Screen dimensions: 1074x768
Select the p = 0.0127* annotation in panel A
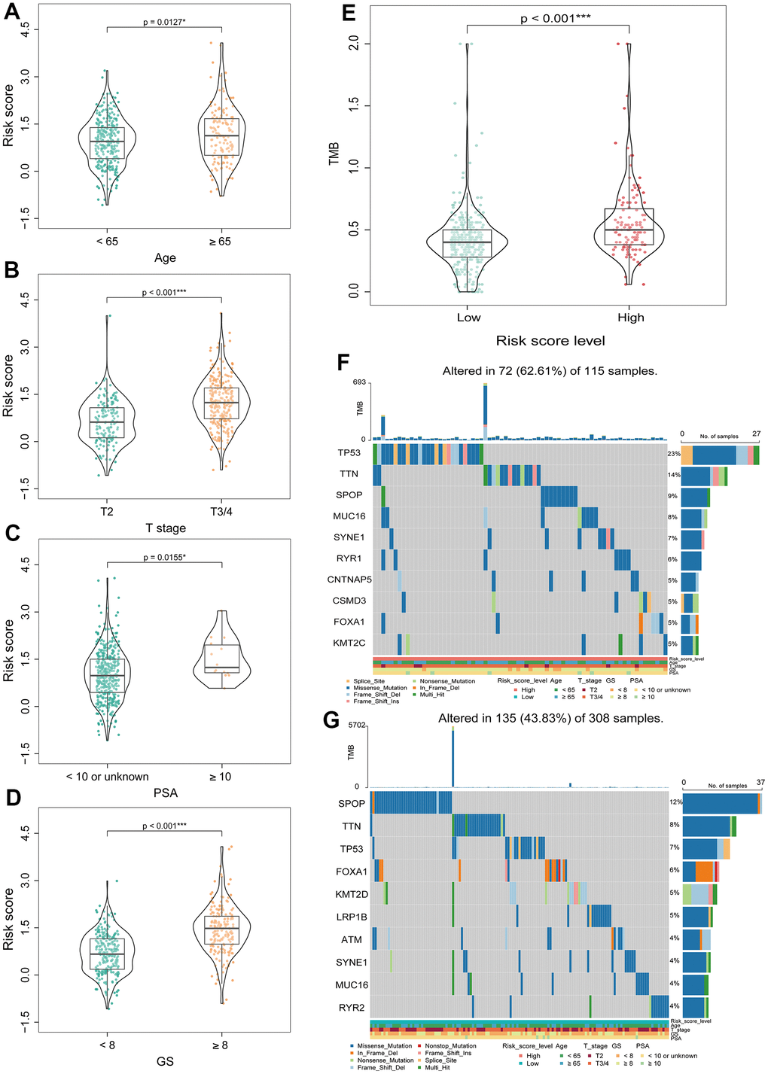click(164, 23)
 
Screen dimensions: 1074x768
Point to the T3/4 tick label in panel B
click(221, 512)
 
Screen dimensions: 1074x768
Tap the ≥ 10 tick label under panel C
click(220, 777)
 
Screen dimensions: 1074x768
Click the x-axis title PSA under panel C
click(165, 793)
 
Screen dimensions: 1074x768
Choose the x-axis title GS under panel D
click(165, 1061)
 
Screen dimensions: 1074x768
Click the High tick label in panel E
click(630, 318)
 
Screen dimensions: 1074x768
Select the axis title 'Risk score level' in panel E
click(550, 341)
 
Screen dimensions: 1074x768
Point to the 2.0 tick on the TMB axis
click(355, 44)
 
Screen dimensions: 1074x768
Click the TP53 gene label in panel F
click(349, 453)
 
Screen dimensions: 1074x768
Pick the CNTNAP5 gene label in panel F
click(349, 580)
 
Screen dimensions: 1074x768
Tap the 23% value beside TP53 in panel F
click(673, 454)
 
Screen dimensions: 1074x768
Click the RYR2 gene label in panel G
click(352, 1007)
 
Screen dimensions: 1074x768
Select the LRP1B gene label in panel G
click(352, 917)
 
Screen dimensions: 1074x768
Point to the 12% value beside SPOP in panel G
click(675, 802)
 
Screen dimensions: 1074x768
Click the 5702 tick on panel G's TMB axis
click(357, 726)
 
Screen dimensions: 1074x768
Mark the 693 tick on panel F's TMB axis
click(358, 383)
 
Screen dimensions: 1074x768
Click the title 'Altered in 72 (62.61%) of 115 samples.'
click(550, 371)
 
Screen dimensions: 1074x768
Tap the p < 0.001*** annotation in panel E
click(555, 19)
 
